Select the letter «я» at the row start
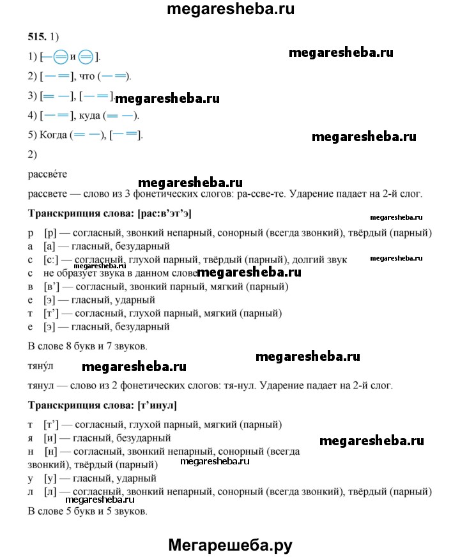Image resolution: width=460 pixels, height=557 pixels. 32,438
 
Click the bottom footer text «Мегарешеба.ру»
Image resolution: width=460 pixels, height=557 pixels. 230,544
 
